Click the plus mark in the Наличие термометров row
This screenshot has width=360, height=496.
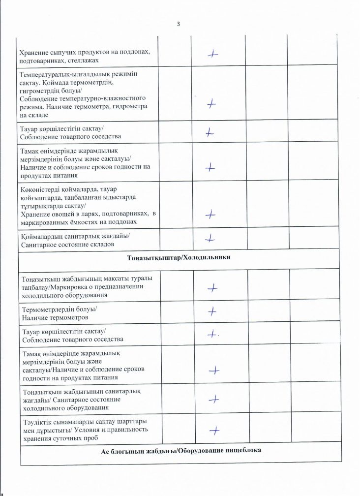tap(212, 311)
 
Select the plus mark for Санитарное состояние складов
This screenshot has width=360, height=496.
tap(211, 238)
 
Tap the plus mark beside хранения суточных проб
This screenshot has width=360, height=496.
tap(214, 431)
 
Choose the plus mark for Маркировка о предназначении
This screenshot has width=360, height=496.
tap(213, 287)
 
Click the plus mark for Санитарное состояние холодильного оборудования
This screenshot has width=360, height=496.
tap(214, 400)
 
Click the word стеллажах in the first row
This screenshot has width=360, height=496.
tap(97, 60)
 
